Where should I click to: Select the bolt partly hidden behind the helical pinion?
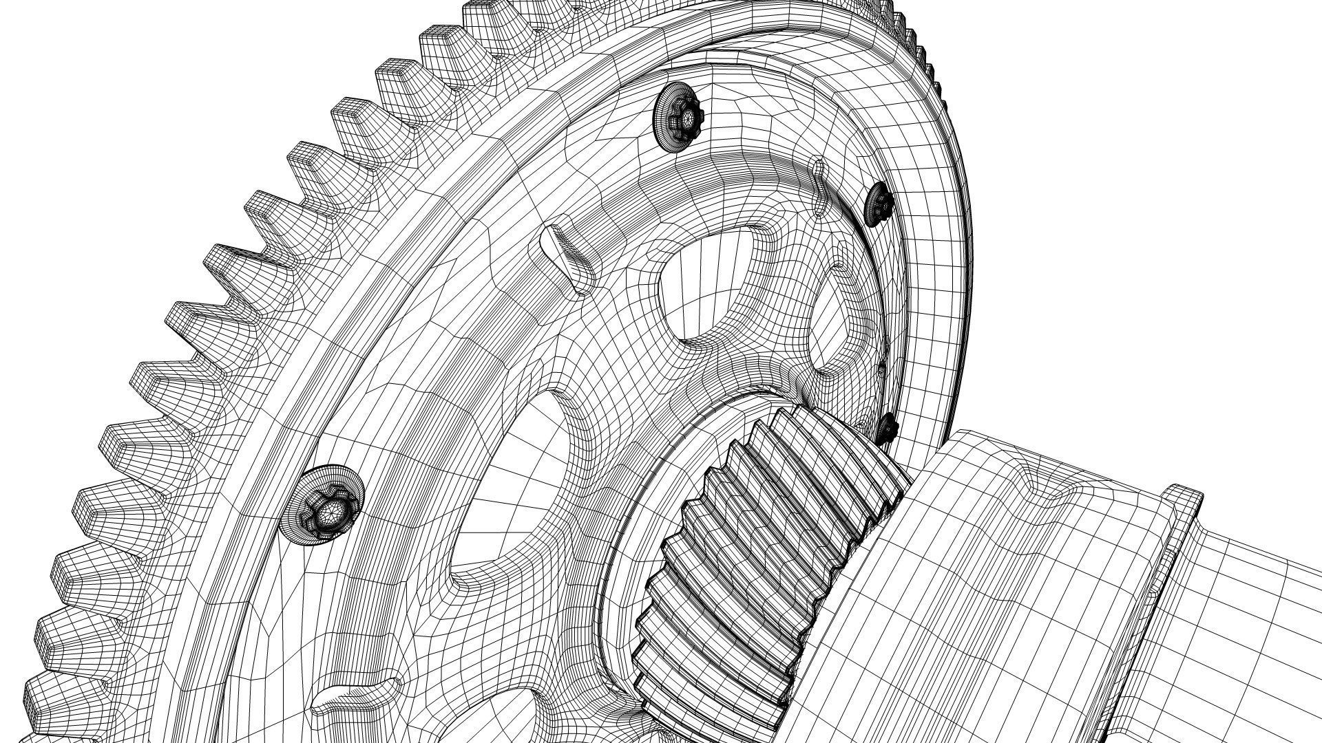point(888,428)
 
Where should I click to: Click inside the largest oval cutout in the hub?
point(716,289)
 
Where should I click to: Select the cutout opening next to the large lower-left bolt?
point(510,495)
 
